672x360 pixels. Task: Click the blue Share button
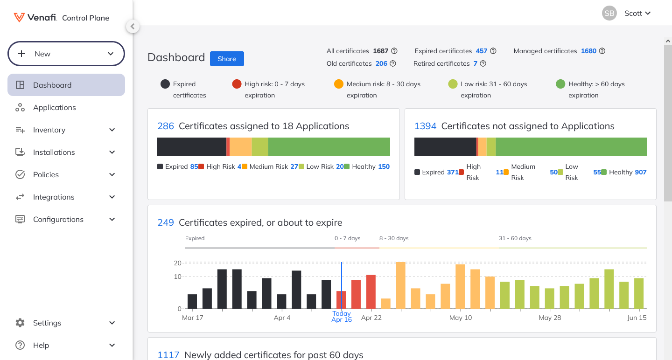tap(227, 59)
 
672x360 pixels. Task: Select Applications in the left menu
tap(54, 107)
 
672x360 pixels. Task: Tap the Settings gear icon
tap(20, 323)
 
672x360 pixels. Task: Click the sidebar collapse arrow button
tap(133, 27)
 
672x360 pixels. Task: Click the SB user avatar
tap(609, 14)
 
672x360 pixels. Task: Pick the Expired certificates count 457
tap(481, 51)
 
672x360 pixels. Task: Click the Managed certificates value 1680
tap(588, 51)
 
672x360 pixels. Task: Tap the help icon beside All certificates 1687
tap(394, 51)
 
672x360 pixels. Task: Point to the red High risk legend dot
tap(237, 84)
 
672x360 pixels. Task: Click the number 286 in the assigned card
tap(166, 126)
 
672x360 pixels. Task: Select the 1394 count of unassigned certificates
tap(425, 126)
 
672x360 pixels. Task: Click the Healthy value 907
tap(641, 172)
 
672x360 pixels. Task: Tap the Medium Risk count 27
tap(294, 166)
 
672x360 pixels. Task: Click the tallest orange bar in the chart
tap(400, 285)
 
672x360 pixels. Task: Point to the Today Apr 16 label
tap(342, 317)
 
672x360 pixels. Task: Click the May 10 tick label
tap(461, 318)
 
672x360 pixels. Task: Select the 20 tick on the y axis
tap(177, 263)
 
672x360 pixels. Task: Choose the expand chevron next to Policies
tap(112, 174)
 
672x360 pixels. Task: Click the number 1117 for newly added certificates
tap(168, 355)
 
